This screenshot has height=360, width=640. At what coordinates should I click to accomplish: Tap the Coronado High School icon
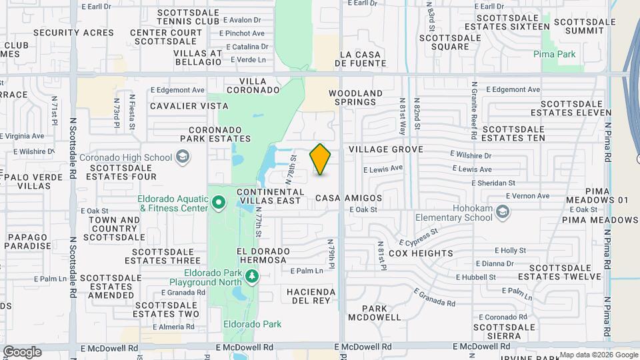pos(181,157)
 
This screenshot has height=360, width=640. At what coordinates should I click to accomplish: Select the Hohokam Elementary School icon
pos(502,212)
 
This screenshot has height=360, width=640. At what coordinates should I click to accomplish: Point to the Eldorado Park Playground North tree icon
pos(251,275)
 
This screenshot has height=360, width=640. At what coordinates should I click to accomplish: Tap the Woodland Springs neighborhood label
pos(356,97)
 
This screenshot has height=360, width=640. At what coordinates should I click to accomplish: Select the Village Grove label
pos(385,149)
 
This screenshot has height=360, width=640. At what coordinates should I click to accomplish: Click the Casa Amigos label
pos(349,198)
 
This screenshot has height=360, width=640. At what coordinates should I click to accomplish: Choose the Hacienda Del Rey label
pos(309,296)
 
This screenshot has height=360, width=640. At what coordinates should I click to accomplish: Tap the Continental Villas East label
pos(271,197)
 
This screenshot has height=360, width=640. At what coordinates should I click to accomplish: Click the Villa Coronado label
pos(253,85)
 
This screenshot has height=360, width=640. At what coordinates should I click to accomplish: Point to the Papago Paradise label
pos(29,241)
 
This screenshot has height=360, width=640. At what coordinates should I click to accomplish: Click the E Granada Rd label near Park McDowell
pos(434,297)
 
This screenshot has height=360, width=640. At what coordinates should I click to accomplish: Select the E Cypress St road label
pos(419,238)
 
